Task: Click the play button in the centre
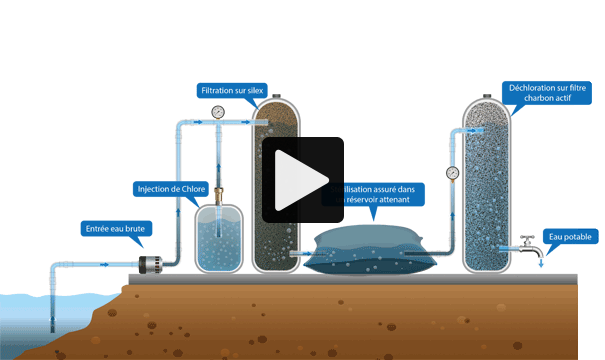303,179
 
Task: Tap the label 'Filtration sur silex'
232,91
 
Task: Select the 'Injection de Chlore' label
170,188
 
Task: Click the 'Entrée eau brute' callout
114,229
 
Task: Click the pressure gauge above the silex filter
219,110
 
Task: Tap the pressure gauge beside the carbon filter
452,172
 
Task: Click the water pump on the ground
150,264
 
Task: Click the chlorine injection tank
217,239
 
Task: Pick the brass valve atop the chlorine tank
217,189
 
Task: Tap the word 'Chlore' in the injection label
189,188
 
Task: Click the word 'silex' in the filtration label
252,91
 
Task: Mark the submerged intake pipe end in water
53,320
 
